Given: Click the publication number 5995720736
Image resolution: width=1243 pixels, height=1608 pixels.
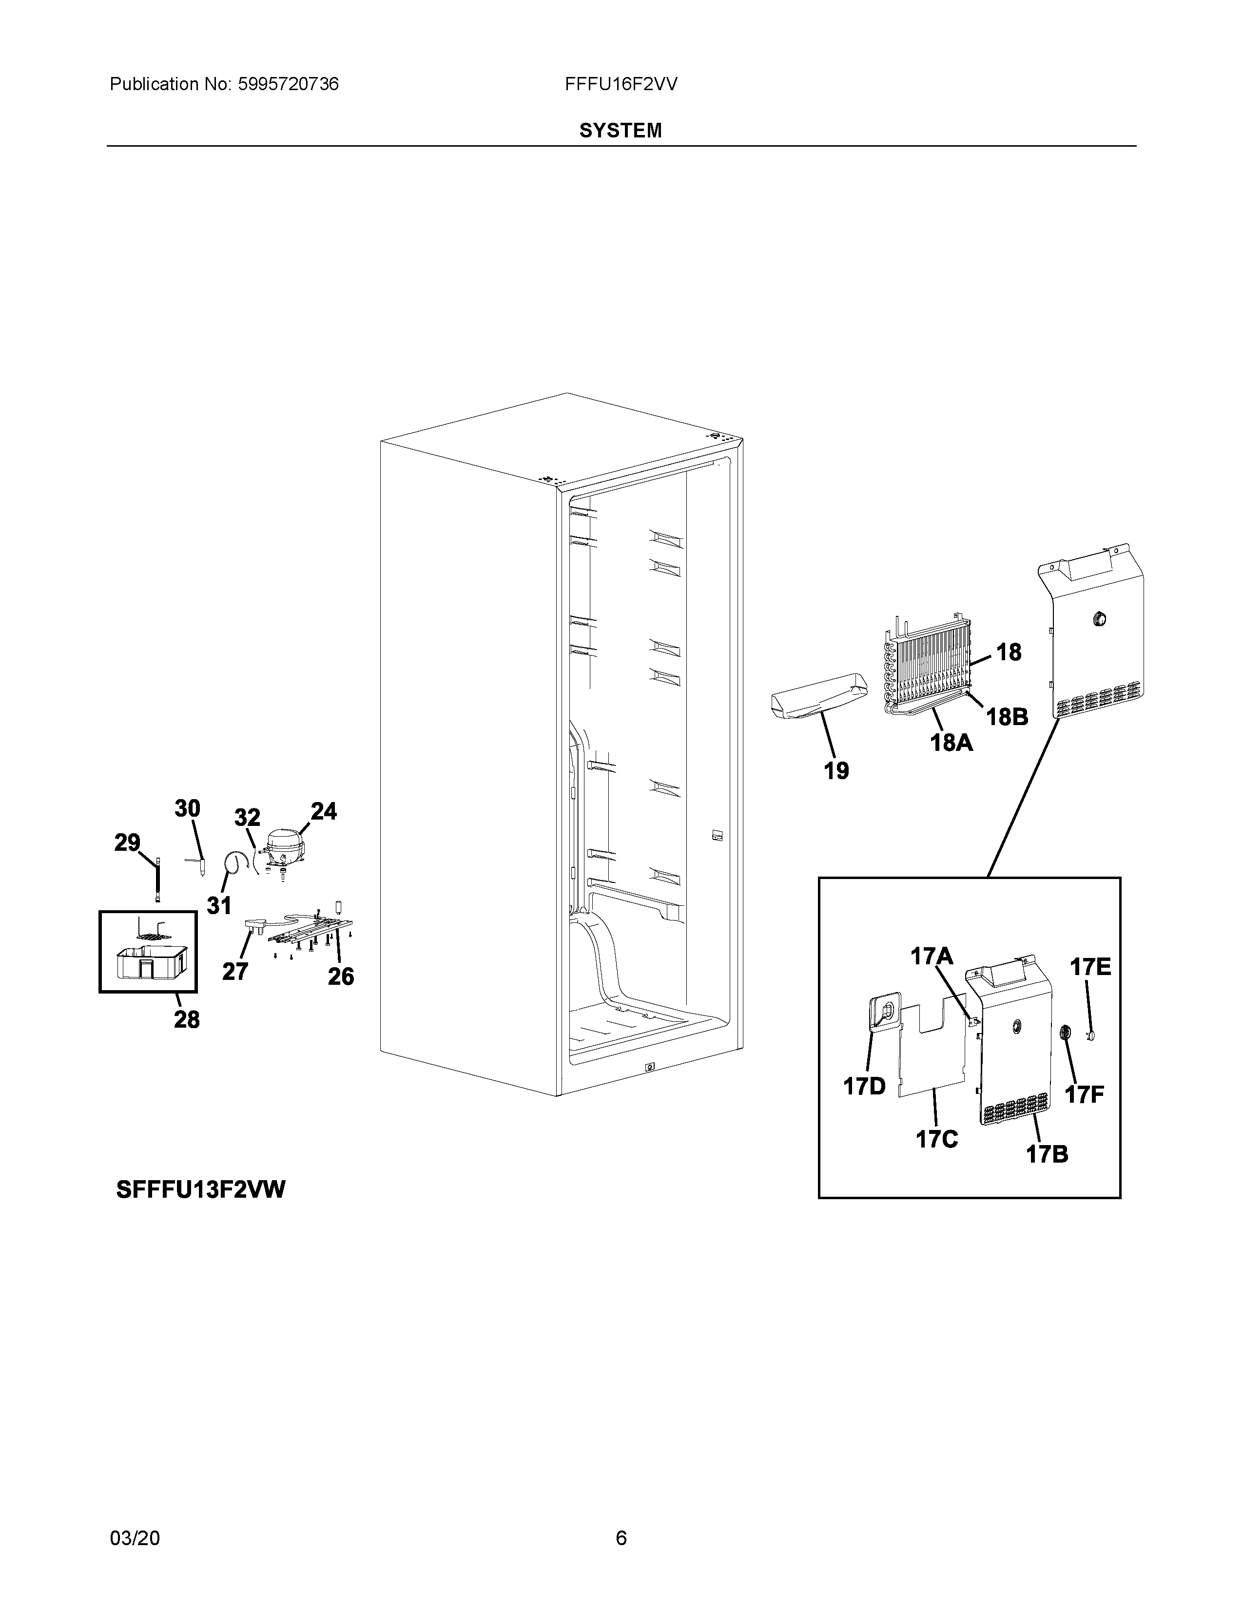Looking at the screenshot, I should [x=288, y=85].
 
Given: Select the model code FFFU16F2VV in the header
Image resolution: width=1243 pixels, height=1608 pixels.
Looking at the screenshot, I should [x=621, y=85].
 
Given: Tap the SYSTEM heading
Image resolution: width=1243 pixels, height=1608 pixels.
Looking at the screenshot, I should [x=620, y=131].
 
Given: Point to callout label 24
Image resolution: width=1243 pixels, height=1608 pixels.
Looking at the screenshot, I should [x=323, y=811].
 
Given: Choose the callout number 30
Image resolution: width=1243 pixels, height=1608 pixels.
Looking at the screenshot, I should [x=187, y=808].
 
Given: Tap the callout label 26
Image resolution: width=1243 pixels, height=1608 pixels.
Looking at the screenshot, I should [x=341, y=976].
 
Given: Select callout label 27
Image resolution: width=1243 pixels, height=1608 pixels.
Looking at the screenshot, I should [x=235, y=972].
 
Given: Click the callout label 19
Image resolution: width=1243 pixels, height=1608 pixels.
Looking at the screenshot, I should [x=836, y=771].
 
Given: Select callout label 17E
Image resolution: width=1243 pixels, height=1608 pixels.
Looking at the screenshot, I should [x=1090, y=967].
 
